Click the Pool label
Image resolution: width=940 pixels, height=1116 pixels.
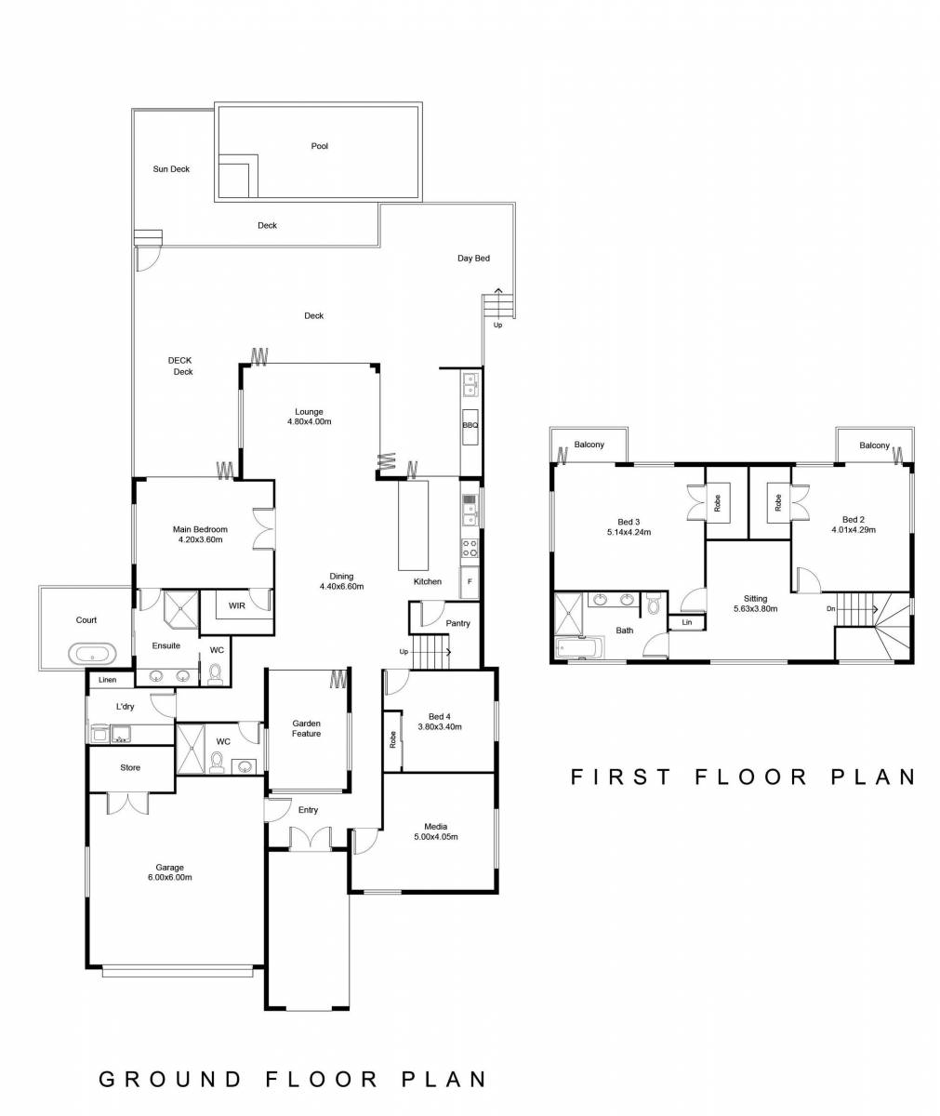pyautogui.click(x=319, y=146)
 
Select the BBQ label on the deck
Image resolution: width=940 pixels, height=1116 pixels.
pyautogui.click(x=470, y=426)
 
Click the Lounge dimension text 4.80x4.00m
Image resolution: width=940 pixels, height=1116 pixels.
pyautogui.click(x=310, y=422)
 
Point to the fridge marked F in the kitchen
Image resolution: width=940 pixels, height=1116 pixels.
pyautogui.click(x=470, y=582)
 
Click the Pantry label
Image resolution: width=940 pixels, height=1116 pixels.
pyautogui.click(x=457, y=623)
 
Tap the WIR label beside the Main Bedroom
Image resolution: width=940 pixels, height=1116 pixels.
pyautogui.click(x=237, y=605)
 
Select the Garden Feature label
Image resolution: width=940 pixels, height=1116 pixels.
pyautogui.click(x=306, y=728)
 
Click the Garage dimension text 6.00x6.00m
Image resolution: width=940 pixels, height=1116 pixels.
pyautogui.click(x=169, y=878)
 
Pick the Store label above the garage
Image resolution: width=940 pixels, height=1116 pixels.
pyautogui.click(x=130, y=768)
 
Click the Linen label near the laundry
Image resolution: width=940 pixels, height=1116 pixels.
pyautogui.click(x=107, y=680)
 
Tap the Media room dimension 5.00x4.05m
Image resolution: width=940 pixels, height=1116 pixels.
pyautogui.click(x=435, y=837)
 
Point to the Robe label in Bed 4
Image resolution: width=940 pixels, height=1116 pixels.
pyautogui.click(x=392, y=740)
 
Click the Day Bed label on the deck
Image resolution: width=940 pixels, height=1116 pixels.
pyautogui.click(x=473, y=259)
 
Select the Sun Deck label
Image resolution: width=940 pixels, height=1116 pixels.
pyautogui.click(x=171, y=169)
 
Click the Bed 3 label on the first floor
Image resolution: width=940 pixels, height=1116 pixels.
pyautogui.click(x=628, y=522)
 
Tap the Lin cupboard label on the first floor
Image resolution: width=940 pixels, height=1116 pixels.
pyautogui.click(x=686, y=622)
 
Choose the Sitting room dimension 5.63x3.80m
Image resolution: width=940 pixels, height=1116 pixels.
pyautogui.click(x=755, y=609)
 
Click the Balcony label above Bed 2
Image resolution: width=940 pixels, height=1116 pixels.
pyautogui.click(x=874, y=445)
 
